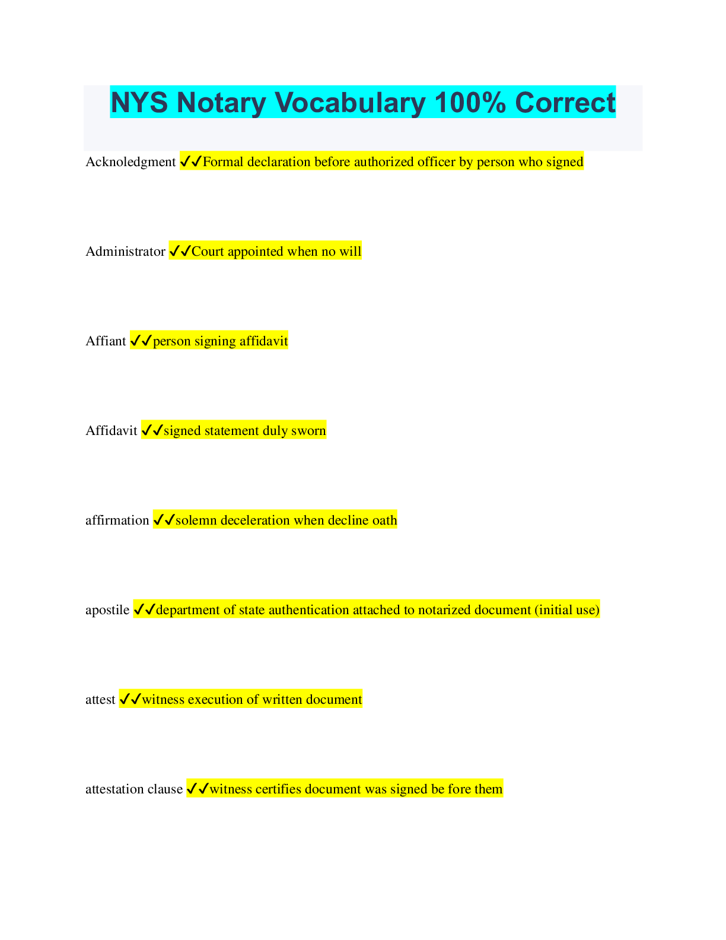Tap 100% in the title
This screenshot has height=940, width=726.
(x=470, y=103)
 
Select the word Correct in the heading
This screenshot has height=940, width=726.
(x=565, y=103)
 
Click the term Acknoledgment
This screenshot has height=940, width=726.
(x=130, y=162)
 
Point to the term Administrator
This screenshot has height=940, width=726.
(x=125, y=252)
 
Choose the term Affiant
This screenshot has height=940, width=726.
(x=106, y=341)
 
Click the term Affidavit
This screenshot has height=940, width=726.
(x=112, y=430)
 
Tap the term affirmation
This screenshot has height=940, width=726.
(x=117, y=520)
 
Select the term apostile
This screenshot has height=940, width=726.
(x=107, y=610)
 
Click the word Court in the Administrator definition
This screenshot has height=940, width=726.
(x=208, y=252)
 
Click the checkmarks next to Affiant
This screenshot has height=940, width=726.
(x=141, y=341)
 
